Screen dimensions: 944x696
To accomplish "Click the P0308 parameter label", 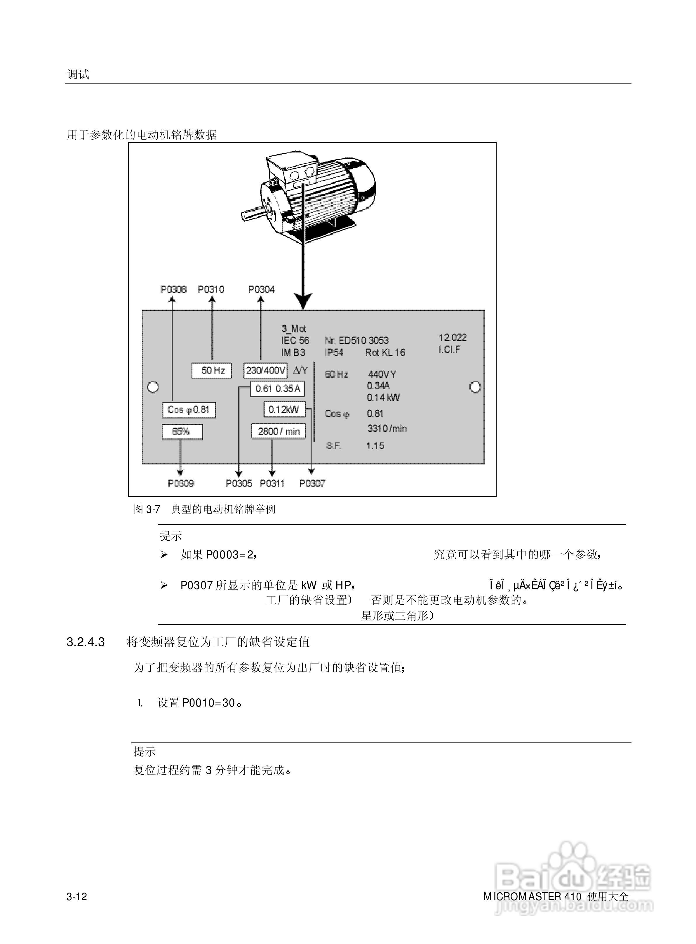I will coord(173,289).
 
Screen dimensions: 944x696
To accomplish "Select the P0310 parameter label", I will coord(211,289).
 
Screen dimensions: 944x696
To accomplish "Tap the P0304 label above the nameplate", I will coord(261,289).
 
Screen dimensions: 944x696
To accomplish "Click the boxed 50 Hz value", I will coord(212,370).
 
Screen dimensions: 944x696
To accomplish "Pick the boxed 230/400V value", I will coord(265,370).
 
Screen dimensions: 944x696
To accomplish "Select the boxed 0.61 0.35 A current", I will coord(277,389).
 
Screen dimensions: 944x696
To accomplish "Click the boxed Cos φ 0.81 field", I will coord(189,409).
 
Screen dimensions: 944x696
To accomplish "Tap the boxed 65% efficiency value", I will coord(182,431).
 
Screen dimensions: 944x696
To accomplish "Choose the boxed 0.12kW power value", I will coord(284,409).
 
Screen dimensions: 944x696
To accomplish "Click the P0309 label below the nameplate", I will coord(181,483).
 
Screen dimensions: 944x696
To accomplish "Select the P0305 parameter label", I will coord(239,483).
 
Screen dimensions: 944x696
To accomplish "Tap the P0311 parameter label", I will coord(272,483).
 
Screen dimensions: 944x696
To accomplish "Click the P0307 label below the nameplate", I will coord(312,483).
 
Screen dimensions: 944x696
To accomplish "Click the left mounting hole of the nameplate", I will coord(152,387).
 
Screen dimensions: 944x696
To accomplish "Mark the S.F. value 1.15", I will coord(375,446).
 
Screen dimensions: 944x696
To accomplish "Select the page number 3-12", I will coord(77,896).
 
